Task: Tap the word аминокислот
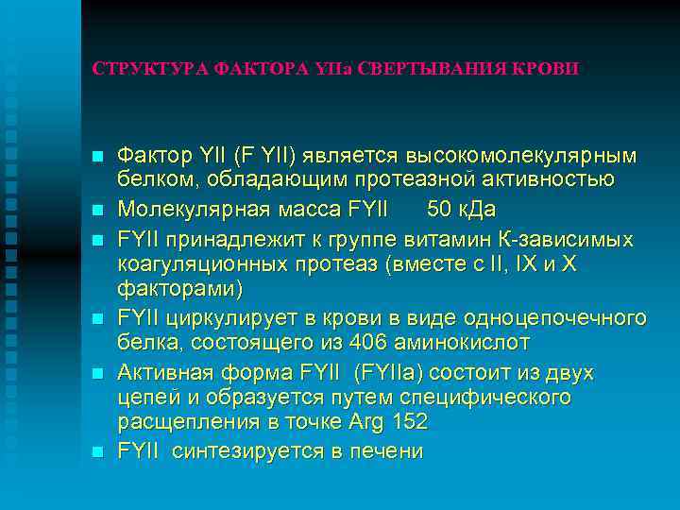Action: (x=458, y=341)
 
